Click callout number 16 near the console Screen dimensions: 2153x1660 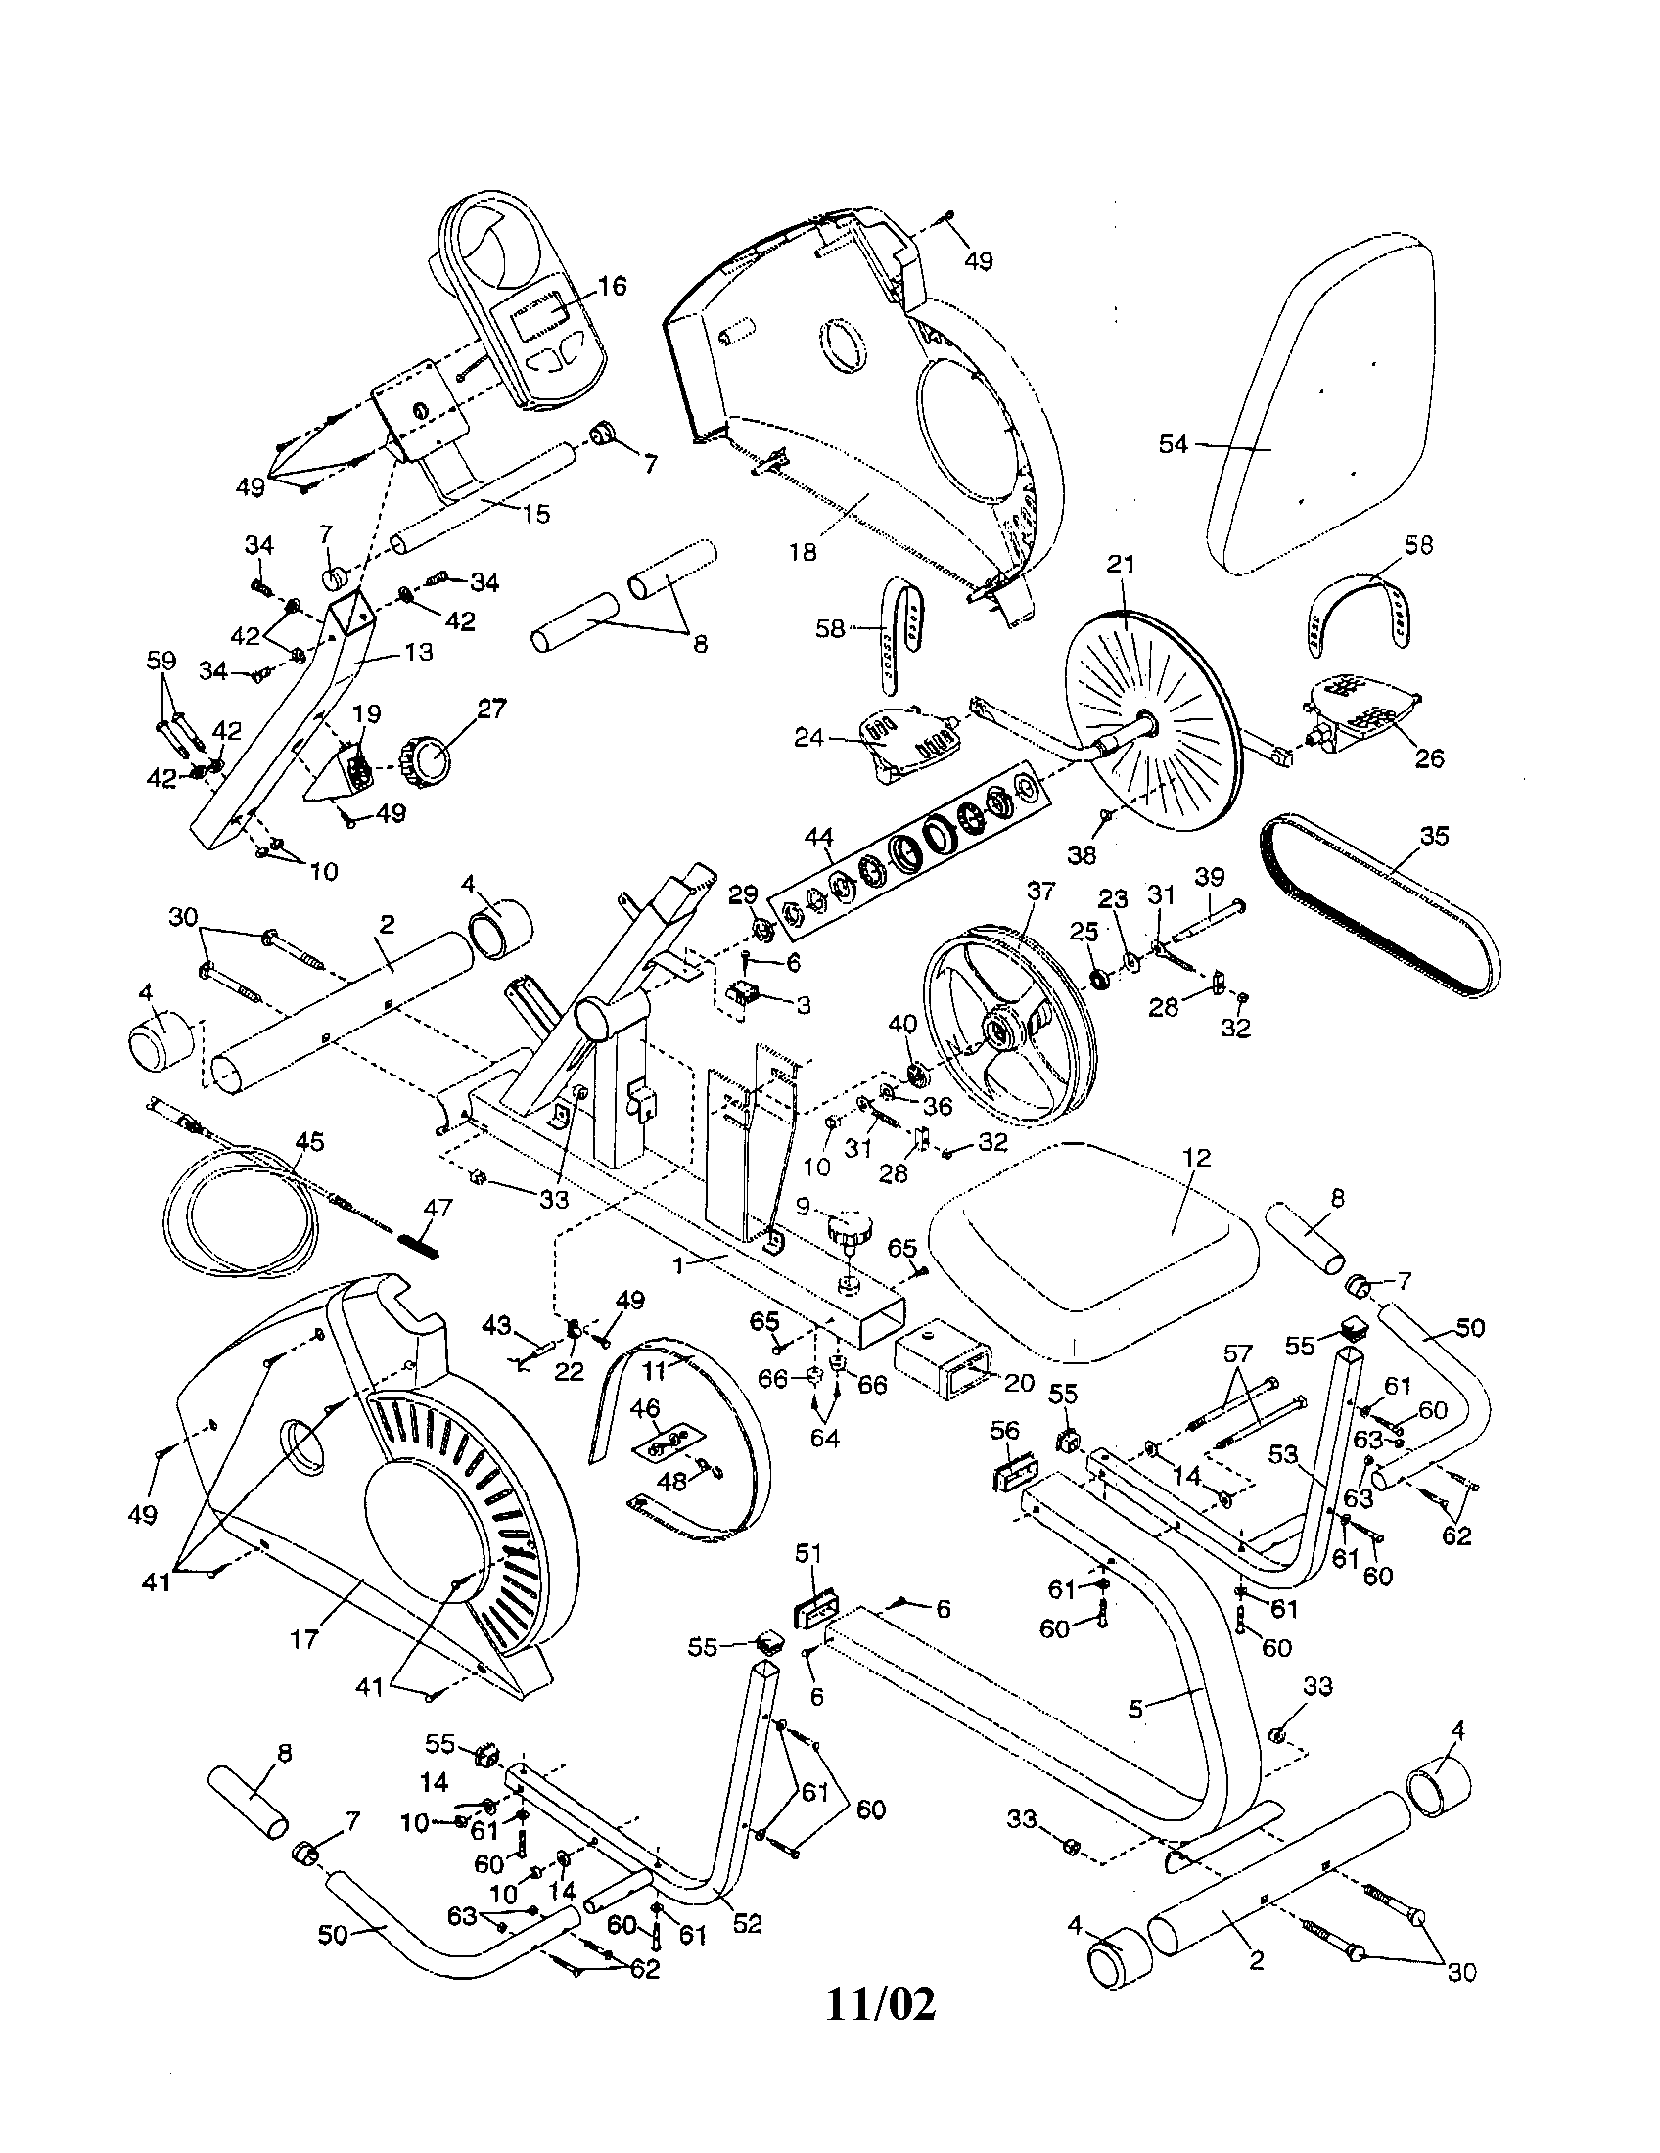[x=612, y=286]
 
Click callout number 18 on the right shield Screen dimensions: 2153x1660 [x=804, y=551]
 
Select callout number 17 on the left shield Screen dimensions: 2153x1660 [x=304, y=1638]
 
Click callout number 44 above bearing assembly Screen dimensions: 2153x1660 [x=818, y=838]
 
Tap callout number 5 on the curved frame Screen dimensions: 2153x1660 [x=1135, y=1710]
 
